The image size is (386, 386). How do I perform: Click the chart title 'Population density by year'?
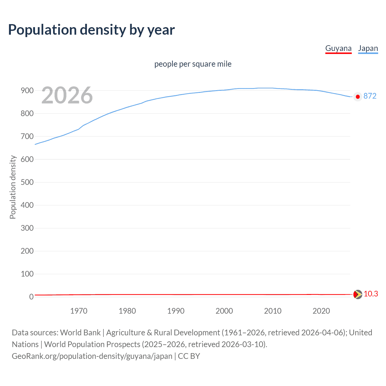91,30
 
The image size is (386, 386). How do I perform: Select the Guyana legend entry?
338,49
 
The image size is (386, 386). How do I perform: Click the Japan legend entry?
368,49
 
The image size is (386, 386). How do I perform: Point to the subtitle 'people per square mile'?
193,64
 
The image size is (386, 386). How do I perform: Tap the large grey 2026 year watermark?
67,95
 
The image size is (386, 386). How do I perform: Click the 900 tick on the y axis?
27,90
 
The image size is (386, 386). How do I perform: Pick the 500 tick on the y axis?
27,182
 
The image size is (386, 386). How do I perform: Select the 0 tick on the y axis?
31,297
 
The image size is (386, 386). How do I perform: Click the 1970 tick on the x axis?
79,311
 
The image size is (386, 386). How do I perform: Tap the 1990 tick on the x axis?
176,311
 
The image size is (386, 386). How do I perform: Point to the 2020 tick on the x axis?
321,311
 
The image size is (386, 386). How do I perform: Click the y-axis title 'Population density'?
13,187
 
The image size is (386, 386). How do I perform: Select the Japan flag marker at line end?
358,97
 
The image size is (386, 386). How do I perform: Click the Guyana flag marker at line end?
358,294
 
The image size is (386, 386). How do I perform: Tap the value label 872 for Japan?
370,96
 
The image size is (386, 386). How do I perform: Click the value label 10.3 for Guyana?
371,294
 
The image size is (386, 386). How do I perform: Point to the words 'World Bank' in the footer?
80,332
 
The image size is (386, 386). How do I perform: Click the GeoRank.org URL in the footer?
92,356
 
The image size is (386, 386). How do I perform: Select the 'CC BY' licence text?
189,356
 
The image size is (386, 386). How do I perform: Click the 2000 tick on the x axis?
224,311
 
